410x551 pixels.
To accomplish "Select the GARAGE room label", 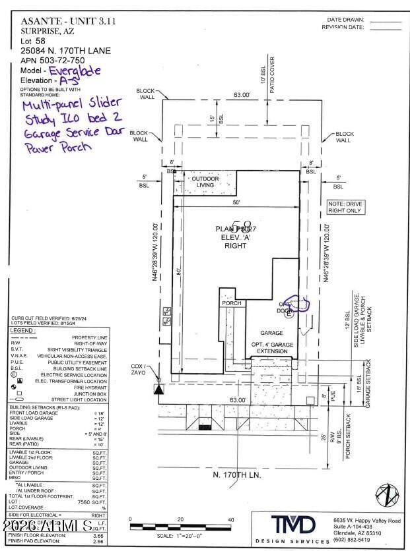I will pyautogui.click(x=271, y=333).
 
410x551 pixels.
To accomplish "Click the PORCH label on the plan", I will pyautogui.click(x=232, y=304).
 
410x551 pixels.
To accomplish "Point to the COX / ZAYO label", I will pyautogui.click(x=137, y=370).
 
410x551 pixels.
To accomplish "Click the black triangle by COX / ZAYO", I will pyautogui.click(x=158, y=389).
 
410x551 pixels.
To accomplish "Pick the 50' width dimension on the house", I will pyautogui.click(x=236, y=202).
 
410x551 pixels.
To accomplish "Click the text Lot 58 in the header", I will pyautogui.click(x=33, y=40).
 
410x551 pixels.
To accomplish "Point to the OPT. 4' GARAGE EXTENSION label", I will pyautogui.click(x=271, y=347).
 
